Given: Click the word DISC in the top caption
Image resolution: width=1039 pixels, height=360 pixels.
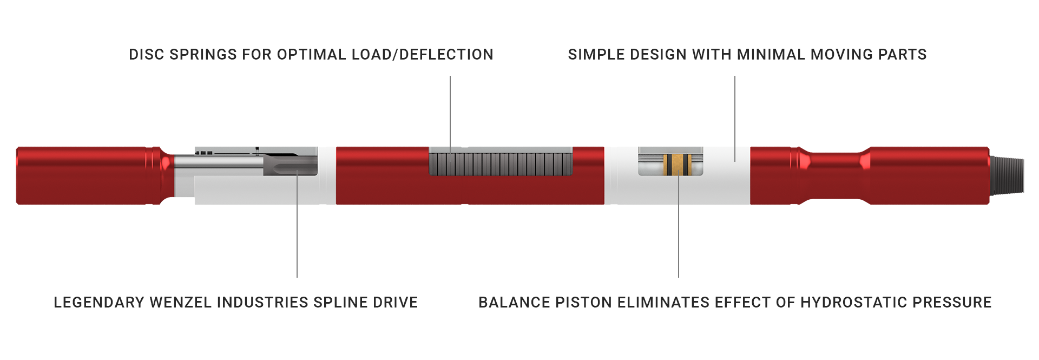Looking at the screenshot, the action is pos(146,55).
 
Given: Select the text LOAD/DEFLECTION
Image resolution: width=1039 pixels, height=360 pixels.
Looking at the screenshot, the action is pos(423,55).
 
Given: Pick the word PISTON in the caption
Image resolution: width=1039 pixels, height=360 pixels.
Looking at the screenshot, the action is pos(584,302).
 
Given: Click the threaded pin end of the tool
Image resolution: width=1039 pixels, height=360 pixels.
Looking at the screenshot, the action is pos(1007,175).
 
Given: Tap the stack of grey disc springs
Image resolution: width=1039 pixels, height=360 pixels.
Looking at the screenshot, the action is pos(501,164).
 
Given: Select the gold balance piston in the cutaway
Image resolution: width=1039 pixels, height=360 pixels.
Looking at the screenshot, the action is pos(678,165).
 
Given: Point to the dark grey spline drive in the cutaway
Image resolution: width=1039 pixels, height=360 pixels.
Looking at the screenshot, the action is pos(290,165).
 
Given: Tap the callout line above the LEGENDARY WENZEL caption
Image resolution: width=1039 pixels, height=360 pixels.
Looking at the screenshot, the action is pos(297,224).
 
